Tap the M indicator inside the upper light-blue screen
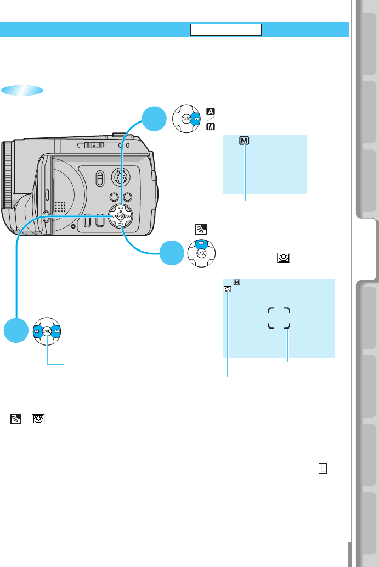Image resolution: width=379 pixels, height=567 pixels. pos(244,141)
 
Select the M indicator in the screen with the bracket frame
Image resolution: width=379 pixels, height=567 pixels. pos(237,282)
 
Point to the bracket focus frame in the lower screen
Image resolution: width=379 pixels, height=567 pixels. pos(279,318)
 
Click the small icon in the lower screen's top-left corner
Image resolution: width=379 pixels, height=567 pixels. pos(228,289)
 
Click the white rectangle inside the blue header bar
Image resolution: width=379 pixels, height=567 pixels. pos(226,29)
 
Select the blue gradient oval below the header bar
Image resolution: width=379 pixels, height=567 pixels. pos(22,91)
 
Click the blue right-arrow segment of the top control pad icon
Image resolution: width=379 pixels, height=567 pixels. pos(196,118)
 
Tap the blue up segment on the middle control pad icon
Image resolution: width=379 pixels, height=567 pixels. pos(202,243)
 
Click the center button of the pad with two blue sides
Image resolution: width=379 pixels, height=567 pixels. pos(48,331)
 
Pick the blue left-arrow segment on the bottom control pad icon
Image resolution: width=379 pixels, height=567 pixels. pos(37,331)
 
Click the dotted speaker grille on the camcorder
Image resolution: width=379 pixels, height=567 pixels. pos(60,206)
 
